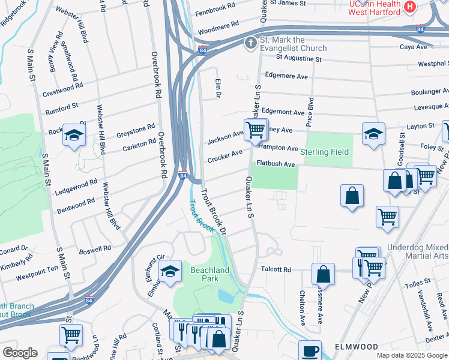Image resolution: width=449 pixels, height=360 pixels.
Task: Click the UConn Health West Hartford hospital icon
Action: click(x=410, y=8)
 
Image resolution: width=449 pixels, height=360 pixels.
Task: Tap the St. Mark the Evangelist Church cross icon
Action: click(x=250, y=43)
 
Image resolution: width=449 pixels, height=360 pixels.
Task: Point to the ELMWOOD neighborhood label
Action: click(x=357, y=347)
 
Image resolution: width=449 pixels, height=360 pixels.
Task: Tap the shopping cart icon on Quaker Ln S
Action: click(x=255, y=129)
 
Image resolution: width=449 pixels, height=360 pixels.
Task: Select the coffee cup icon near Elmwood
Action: click(x=310, y=350)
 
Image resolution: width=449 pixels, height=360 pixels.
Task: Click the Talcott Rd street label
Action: click(x=274, y=270)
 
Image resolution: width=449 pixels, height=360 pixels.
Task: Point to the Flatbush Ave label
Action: click(x=276, y=164)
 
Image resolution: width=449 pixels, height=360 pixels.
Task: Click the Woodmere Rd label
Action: click(x=218, y=29)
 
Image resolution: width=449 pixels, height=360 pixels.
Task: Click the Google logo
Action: click(x=20, y=352)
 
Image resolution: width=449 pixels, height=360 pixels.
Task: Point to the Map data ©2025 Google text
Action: click(x=411, y=355)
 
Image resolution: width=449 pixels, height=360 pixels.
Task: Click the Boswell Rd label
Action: click(x=95, y=248)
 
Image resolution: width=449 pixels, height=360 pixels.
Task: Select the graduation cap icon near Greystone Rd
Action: click(x=74, y=136)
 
